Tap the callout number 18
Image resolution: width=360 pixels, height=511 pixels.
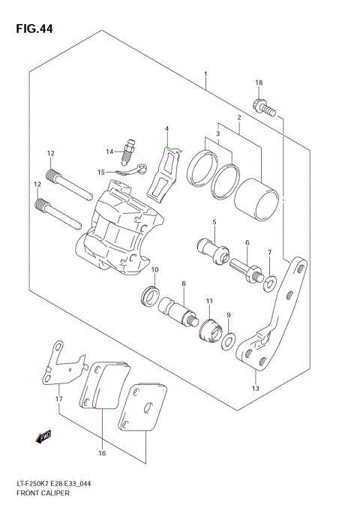(258, 83)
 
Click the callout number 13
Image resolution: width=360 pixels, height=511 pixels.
(255, 389)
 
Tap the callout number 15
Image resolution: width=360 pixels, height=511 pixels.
(100, 172)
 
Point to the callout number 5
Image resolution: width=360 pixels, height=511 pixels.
(214, 222)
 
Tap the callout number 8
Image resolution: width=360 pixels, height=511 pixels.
(183, 284)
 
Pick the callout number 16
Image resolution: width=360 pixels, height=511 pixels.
(102, 453)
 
